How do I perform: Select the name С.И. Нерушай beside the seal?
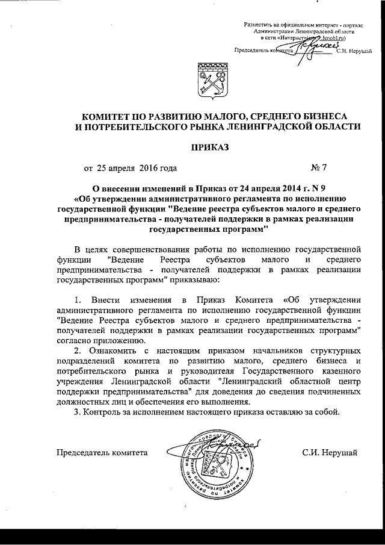(329, 453)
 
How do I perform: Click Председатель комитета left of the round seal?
(102, 453)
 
